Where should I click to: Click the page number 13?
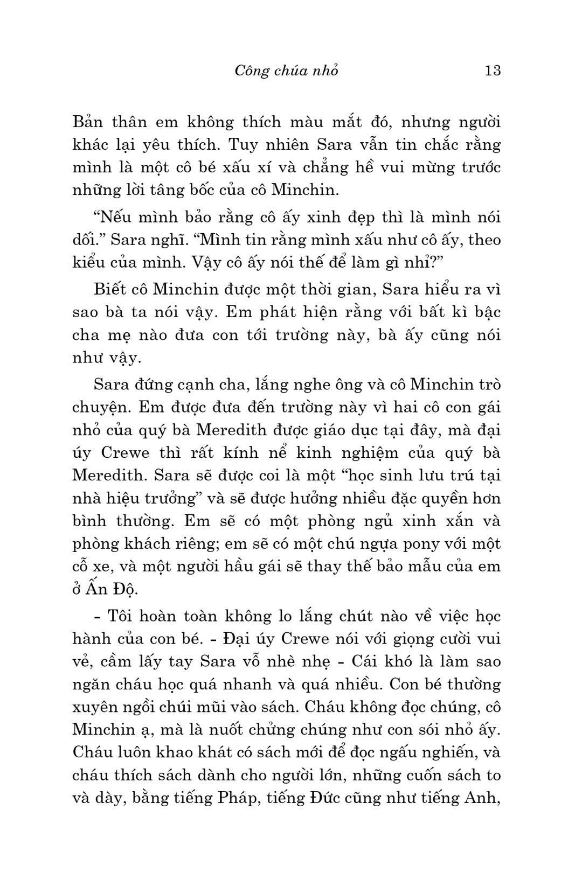493,71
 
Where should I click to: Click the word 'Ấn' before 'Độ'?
96,589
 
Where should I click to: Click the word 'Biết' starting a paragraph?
110,289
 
